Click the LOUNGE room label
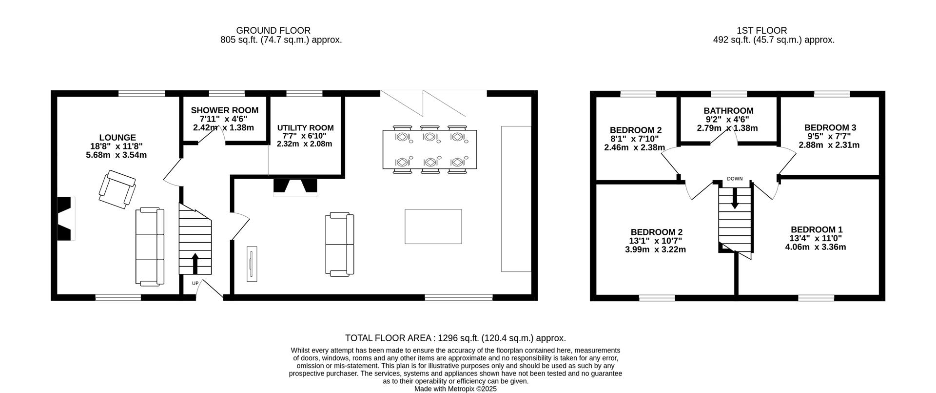click(117, 138)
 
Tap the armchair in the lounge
click(117, 189)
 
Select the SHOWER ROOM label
click(224, 110)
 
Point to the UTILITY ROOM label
click(305, 128)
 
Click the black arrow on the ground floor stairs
click(195, 264)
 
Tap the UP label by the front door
click(195, 283)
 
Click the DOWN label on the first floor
click(735, 179)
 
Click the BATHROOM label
click(728, 111)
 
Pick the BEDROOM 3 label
click(830, 127)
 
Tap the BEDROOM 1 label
click(816, 229)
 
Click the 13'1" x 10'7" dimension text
click(656, 241)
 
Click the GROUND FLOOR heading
click(273, 30)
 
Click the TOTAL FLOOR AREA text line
click(455, 338)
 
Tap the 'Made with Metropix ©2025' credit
click(455, 389)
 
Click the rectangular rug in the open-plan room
click(433, 227)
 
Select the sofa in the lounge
click(150, 247)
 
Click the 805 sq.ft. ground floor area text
click(281, 40)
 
